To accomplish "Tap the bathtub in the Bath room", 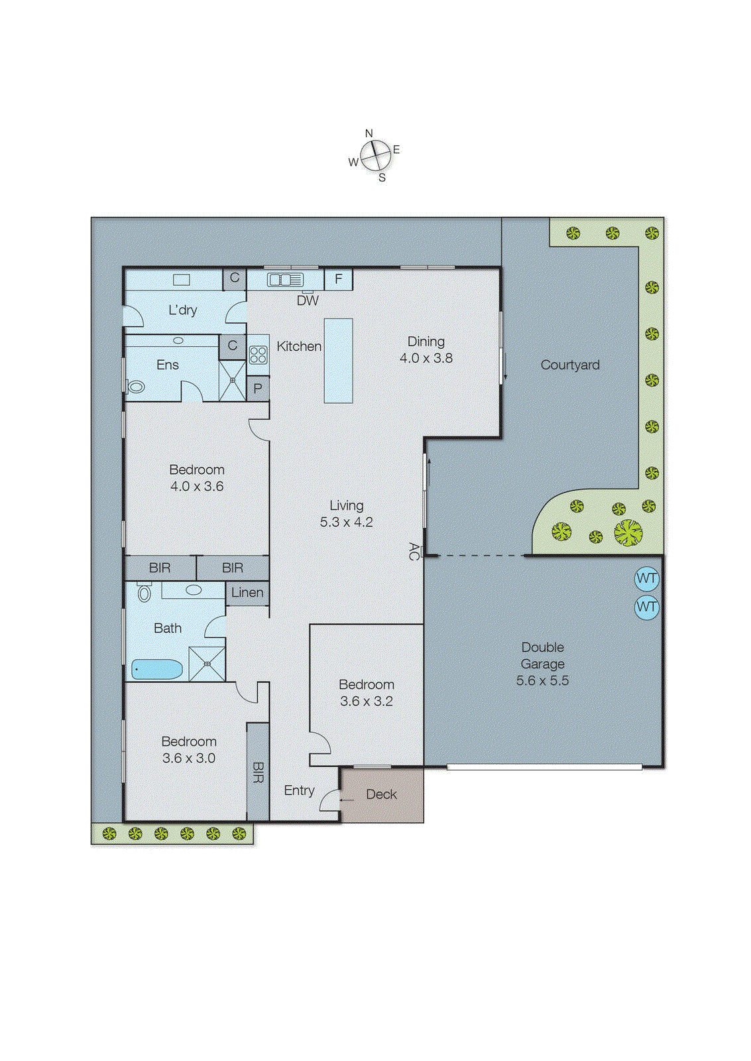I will tap(157, 669).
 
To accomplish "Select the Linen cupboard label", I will tap(247, 592).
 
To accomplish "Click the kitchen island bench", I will tap(338, 360).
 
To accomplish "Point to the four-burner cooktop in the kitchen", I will tap(258, 355).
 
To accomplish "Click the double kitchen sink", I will tap(285, 280).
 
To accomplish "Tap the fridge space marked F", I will tap(338, 279).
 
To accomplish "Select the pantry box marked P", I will tap(258, 389).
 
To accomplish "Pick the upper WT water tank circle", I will tap(646, 578).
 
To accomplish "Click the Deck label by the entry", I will tap(381, 794).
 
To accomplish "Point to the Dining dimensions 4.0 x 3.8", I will tap(426, 358).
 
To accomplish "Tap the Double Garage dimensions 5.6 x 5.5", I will tap(542, 680).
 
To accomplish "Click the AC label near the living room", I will tap(414, 551).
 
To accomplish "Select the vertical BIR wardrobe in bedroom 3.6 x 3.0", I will tap(258, 771).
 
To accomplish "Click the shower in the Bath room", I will tap(207, 663).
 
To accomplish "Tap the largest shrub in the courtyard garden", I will tap(628, 532).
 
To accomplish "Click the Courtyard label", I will tap(569, 365).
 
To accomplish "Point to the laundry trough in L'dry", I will tap(182, 280).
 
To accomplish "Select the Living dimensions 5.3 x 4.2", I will tap(346, 522).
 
